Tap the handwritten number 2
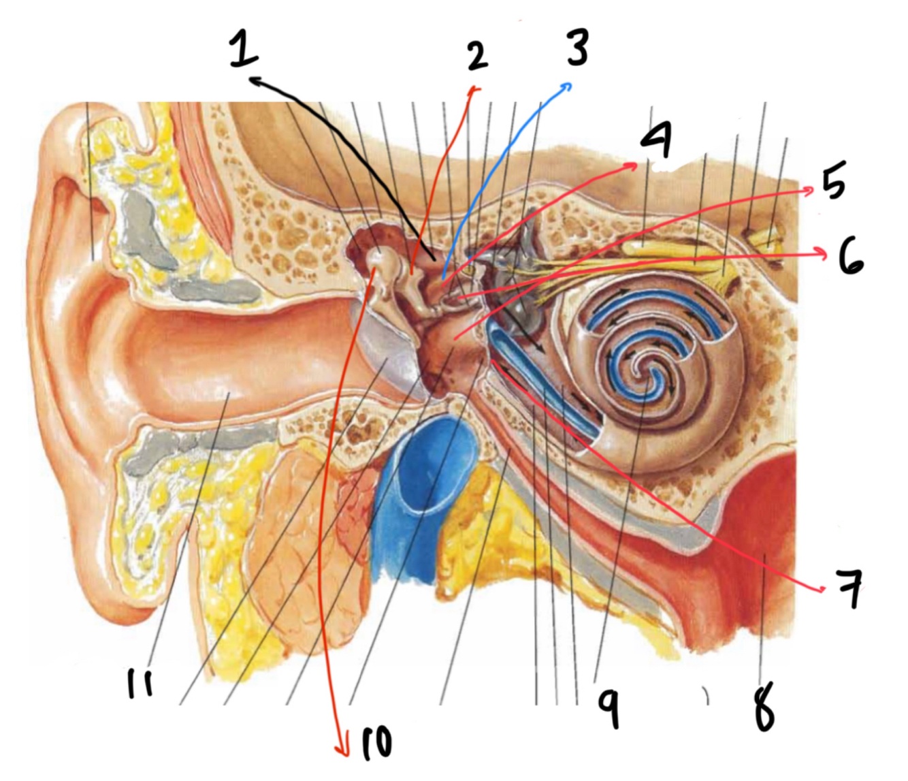click(478, 56)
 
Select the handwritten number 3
click(577, 46)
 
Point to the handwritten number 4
click(656, 140)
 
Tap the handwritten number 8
click(765, 708)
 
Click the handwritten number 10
click(376, 744)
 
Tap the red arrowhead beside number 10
click(344, 752)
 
